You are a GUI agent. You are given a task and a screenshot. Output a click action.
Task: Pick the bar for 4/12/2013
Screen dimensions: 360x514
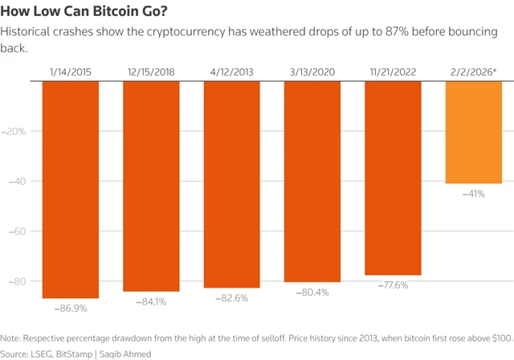point(231,185)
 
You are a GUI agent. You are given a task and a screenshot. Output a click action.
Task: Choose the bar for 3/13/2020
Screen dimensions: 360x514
point(312,182)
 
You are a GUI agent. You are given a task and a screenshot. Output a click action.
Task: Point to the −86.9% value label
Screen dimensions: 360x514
point(71,308)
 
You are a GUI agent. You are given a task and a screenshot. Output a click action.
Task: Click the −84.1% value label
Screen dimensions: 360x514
point(151,301)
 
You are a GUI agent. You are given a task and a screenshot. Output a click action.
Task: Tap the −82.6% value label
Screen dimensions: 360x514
point(231,297)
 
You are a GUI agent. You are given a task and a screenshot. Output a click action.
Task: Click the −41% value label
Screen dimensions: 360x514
point(474,194)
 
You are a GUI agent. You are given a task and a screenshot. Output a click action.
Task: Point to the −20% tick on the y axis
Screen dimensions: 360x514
point(17,131)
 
